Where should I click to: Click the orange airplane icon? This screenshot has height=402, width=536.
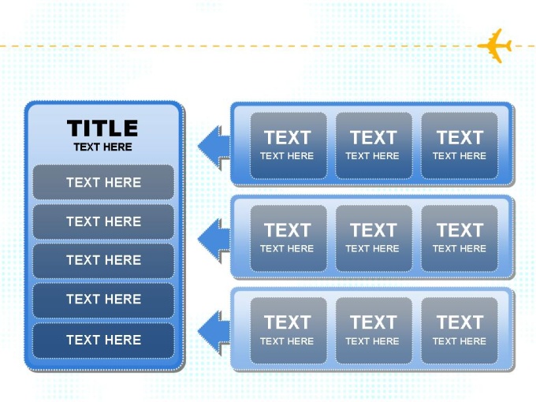(x=496, y=46)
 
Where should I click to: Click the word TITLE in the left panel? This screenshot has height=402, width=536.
(x=102, y=128)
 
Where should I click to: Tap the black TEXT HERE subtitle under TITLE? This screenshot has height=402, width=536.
(x=103, y=147)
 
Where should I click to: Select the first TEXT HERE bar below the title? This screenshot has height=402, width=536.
(x=103, y=182)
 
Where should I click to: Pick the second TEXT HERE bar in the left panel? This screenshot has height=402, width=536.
(x=103, y=221)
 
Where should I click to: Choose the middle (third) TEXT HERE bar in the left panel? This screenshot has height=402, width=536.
(x=103, y=260)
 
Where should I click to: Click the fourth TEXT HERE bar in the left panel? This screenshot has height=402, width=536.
(x=103, y=300)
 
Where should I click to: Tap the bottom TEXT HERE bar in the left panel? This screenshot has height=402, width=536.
(x=103, y=341)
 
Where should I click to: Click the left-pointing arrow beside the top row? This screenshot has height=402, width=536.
(x=214, y=147)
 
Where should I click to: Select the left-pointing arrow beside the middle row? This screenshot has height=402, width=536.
(x=214, y=240)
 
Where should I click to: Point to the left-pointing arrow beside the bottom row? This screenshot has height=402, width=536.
(x=214, y=332)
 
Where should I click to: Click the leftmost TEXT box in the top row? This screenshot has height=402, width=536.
(x=288, y=145)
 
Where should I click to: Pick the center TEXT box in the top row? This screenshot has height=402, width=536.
(x=374, y=145)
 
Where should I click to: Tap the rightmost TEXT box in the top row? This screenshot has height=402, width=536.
(x=459, y=145)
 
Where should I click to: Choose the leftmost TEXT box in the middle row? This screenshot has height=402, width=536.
(x=288, y=238)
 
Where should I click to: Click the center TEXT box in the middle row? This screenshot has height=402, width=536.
(x=374, y=238)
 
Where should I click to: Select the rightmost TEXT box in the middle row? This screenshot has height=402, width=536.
(x=459, y=238)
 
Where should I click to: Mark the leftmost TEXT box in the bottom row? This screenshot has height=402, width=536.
(x=288, y=330)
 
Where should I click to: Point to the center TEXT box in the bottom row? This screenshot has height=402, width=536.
(x=374, y=330)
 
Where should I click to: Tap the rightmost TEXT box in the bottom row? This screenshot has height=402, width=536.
(x=459, y=330)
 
